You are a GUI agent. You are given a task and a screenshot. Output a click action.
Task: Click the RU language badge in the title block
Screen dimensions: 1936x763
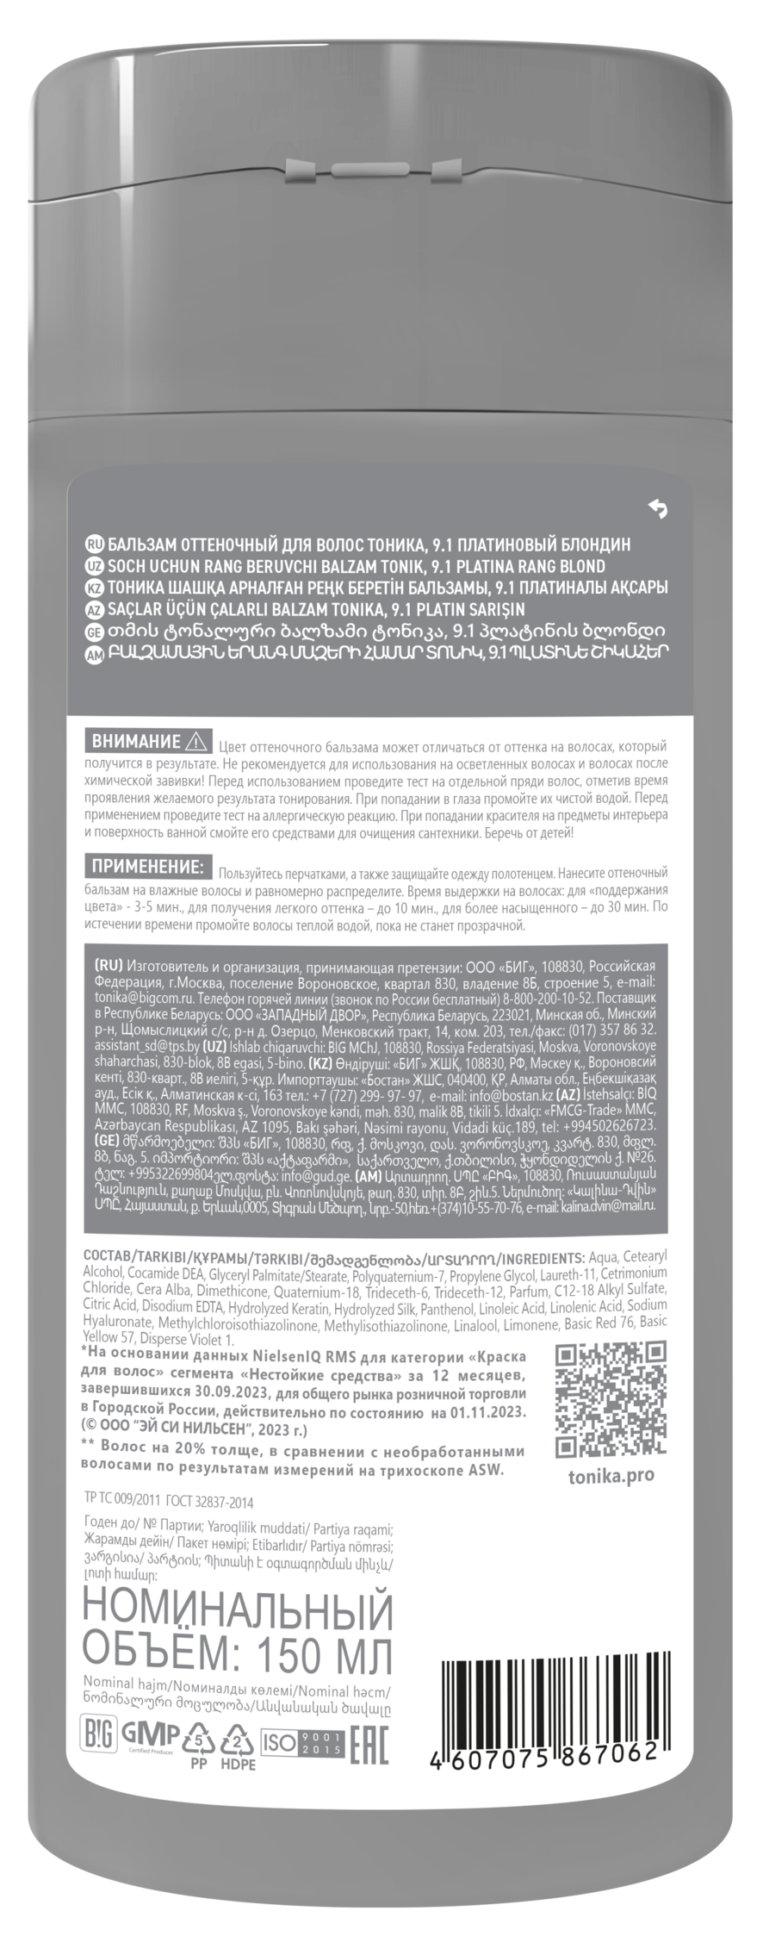click(96, 545)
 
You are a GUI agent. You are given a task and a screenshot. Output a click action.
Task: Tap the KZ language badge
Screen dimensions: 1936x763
click(96, 588)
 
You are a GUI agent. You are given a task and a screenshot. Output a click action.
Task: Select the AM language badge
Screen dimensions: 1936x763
click(96, 655)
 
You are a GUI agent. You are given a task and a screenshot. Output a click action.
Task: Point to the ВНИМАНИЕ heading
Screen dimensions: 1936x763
click(137, 741)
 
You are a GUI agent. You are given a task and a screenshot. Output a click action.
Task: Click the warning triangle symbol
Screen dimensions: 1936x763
click(195, 741)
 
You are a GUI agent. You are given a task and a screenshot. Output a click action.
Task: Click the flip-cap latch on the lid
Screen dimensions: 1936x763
click(381, 176)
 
